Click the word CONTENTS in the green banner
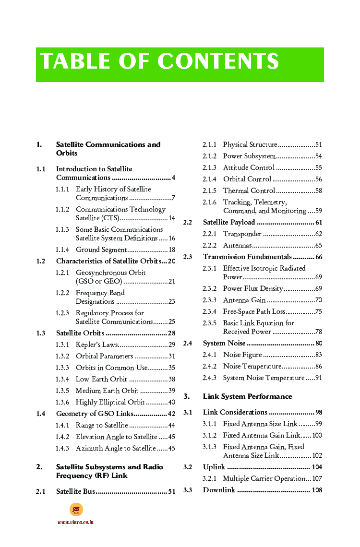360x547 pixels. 218,62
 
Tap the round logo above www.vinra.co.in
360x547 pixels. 76,510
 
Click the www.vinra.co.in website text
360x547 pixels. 75,522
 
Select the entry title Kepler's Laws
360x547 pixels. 96,345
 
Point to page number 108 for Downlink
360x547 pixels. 317,490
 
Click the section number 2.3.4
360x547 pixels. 209,311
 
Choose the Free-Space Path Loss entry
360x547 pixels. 254,311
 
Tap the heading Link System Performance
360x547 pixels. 247,396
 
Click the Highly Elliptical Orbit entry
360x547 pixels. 110,402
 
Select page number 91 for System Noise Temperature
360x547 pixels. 319,378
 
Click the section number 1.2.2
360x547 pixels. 62,293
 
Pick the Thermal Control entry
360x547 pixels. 249,190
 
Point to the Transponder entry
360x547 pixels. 242,234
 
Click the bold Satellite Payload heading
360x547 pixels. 229,222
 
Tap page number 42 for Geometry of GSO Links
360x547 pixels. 171,414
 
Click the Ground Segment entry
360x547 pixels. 101,250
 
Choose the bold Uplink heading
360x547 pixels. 214,467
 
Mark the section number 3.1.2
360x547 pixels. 209,435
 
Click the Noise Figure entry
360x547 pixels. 242,355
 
